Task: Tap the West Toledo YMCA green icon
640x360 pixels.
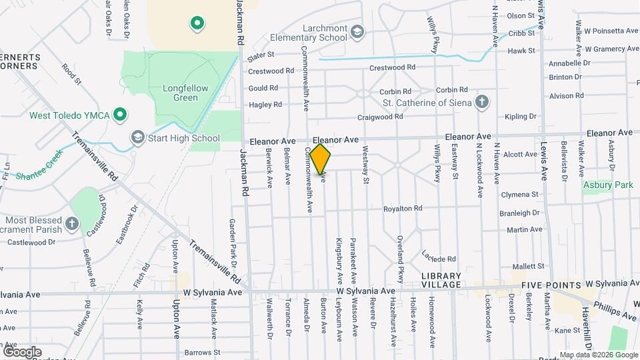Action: point(120,115)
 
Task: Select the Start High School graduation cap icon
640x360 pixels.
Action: point(138,137)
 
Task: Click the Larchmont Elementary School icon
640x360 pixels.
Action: point(358,32)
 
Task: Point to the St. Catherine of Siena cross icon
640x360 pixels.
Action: point(482,102)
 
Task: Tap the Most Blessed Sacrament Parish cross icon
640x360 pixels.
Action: point(72,223)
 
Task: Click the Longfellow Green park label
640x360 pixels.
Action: point(180,93)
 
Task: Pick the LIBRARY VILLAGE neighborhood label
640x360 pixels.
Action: point(441,280)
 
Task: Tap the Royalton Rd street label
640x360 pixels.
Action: point(403,209)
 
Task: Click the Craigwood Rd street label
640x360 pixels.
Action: point(380,116)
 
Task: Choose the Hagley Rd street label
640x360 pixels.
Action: point(265,105)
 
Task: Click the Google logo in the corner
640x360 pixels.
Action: point(22,351)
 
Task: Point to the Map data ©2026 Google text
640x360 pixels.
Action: point(596,355)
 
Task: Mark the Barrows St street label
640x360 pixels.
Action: point(203,352)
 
